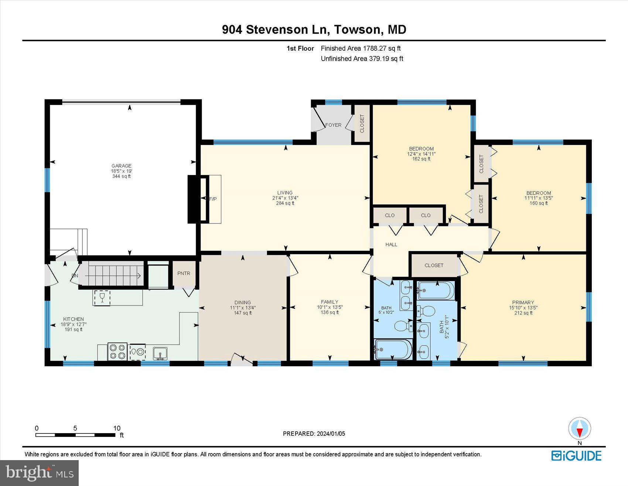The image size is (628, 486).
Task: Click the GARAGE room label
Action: pos(122,166)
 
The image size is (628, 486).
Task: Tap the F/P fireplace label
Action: pos(213,199)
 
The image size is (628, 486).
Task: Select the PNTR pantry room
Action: pos(184,273)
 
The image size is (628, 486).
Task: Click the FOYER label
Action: pos(333,125)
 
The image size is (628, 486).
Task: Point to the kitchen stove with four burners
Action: pos(117,352)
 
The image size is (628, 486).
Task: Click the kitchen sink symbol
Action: pos(160,353)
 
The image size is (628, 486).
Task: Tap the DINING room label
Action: pos(242,302)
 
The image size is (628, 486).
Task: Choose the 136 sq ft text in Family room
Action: pos(330,313)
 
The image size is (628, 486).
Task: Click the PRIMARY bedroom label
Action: pos(523,302)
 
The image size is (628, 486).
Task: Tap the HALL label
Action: pos(391,244)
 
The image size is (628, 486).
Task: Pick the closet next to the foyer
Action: pos(362,124)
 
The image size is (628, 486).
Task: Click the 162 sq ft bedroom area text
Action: pos(421,159)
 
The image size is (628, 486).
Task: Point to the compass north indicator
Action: pos(579,429)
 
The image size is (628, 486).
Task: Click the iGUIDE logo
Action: pos(576,455)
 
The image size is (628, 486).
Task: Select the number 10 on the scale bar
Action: pos(117,428)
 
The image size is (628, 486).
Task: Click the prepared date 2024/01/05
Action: pos(331,433)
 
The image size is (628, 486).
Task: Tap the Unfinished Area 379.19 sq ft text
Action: pos(362,58)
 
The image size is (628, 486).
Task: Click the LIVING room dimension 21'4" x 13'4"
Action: pos(285,198)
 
